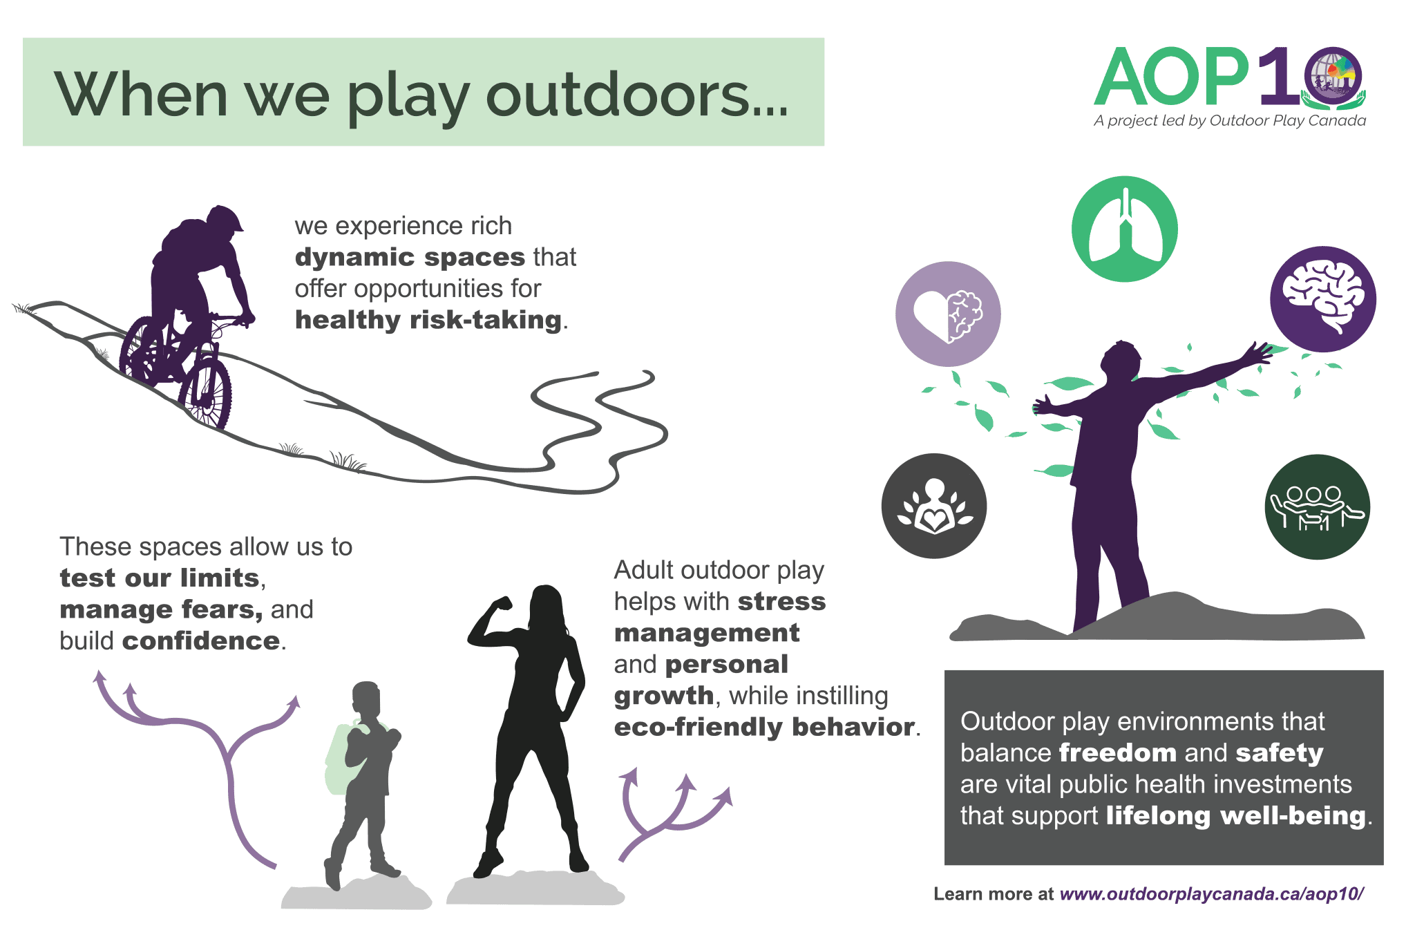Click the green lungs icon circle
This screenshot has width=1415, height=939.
click(x=1124, y=229)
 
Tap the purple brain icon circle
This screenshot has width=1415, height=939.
click(x=1322, y=299)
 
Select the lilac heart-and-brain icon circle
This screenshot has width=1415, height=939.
click(x=948, y=314)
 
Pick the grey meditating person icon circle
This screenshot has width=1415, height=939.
click(x=934, y=506)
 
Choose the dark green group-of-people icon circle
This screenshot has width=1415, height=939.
click(x=1317, y=506)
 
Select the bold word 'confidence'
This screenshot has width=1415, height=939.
click(x=201, y=641)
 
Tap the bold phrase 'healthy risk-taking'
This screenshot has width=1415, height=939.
click(x=428, y=320)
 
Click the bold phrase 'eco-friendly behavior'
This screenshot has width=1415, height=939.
click(x=765, y=727)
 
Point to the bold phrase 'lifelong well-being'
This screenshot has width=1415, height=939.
click(x=1236, y=815)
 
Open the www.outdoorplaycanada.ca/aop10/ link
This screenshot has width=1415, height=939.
click(x=1212, y=894)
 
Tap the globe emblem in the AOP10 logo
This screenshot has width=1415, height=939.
click(x=1333, y=77)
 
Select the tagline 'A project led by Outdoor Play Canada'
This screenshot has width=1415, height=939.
click(x=1230, y=121)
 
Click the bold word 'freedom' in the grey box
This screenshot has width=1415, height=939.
click(x=1117, y=752)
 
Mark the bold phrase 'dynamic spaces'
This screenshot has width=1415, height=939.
click(x=410, y=257)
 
